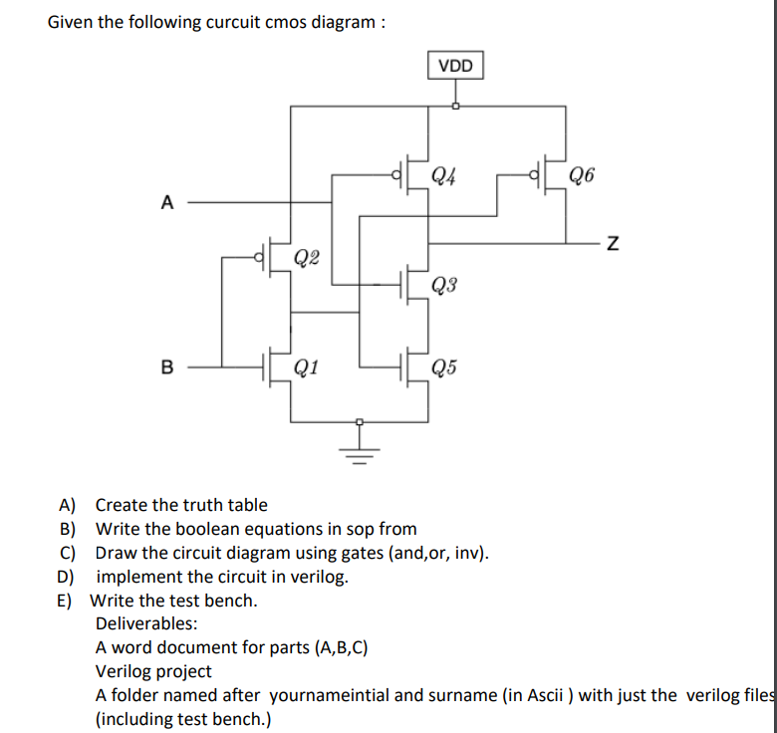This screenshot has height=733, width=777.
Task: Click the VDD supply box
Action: [x=456, y=67]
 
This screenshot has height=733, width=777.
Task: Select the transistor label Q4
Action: [x=445, y=176]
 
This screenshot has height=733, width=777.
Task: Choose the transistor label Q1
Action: [x=307, y=368]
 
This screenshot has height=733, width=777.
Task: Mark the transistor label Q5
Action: [x=445, y=368]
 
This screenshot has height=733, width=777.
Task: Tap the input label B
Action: [x=166, y=366]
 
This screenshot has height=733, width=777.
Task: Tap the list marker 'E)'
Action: [x=68, y=601]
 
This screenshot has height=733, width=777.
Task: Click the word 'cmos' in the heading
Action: [x=287, y=22]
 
